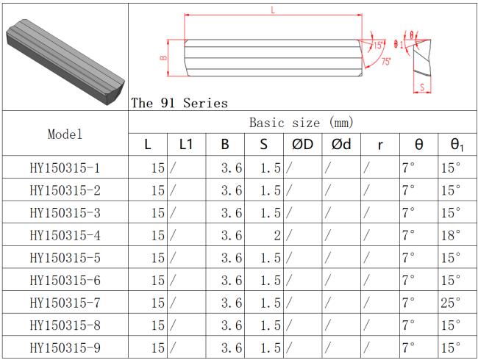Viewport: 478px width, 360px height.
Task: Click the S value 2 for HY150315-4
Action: click(x=277, y=235)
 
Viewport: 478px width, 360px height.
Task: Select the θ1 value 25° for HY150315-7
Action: click(x=450, y=303)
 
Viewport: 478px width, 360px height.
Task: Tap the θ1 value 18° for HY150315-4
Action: click(x=451, y=235)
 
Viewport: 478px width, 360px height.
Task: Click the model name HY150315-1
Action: click(x=65, y=168)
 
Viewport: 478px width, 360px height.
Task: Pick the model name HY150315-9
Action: click(x=65, y=348)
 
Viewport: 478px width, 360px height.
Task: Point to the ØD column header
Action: click(x=302, y=144)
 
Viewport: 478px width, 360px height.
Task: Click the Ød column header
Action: click(x=341, y=144)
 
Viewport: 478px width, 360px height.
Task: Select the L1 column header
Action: click(x=186, y=144)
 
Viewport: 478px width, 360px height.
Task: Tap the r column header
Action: click(x=380, y=145)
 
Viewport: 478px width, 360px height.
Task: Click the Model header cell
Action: click(x=65, y=134)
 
